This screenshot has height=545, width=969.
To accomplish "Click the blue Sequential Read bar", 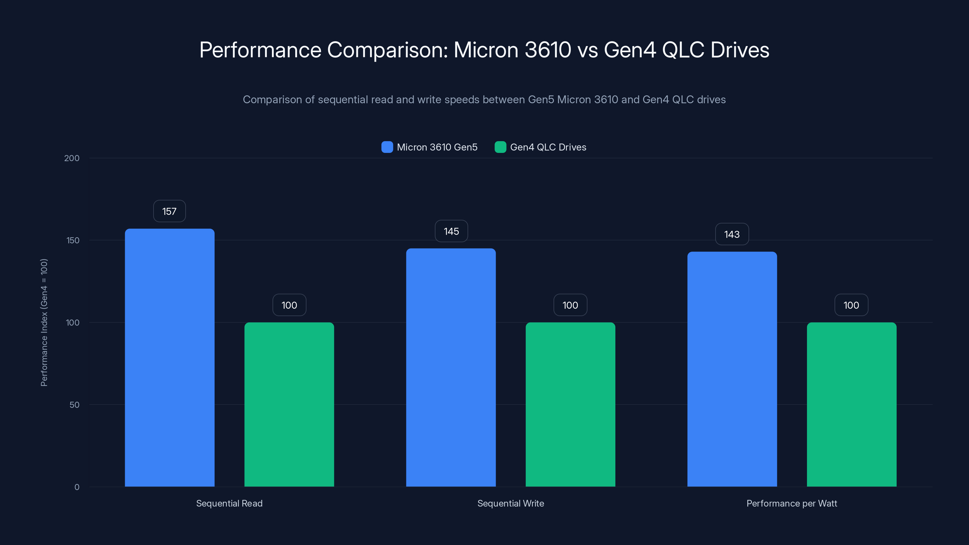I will (170, 357).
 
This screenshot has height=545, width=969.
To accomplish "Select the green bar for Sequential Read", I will (289, 404).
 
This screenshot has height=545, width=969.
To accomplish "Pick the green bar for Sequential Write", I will (570, 404).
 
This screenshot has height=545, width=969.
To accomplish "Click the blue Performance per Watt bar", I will (732, 369).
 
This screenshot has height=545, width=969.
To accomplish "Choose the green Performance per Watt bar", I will (851, 404).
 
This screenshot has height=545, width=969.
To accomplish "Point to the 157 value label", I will (169, 211).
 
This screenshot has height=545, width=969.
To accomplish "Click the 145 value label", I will (451, 231).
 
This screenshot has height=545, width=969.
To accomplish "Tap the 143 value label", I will (732, 234).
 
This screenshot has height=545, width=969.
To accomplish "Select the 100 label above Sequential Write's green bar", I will (570, 305).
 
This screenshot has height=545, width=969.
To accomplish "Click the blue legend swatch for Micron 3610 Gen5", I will (387, 147).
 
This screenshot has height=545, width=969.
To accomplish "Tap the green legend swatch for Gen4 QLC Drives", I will (500, 147).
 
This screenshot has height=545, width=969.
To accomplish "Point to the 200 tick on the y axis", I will (72, 158).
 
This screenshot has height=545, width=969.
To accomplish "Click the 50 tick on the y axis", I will (74, 405).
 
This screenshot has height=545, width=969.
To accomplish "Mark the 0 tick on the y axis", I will (77, 487).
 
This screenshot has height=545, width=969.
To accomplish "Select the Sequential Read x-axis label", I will (229, 503).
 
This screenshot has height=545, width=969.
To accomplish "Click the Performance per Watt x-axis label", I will (792, 503).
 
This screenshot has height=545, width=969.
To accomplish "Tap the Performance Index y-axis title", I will (44, 322).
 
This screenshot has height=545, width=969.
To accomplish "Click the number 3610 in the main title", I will (548, 50).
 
